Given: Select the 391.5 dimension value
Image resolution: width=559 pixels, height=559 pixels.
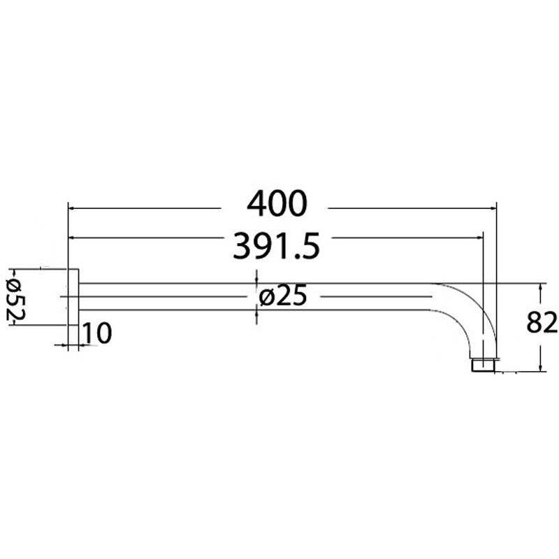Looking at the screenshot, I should [x=276, y=246].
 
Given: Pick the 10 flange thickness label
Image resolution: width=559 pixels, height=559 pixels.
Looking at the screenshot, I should [x=98, y=334].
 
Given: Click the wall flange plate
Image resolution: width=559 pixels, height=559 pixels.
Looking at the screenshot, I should [x=73, y=297].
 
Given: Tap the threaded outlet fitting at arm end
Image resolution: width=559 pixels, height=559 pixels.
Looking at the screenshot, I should [x=484, y=365].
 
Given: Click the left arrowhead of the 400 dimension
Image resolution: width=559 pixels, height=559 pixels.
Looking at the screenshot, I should [x=72, y=208].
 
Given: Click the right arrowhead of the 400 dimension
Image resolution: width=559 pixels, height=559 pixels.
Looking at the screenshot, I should [x=492, y=208].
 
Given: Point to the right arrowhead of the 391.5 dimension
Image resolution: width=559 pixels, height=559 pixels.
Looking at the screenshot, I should [x=480, y=238].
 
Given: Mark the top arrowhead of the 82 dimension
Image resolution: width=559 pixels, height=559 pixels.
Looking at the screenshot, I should [x=542, y=287].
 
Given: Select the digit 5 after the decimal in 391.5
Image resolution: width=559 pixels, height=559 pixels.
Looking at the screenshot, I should [x=309, y=246].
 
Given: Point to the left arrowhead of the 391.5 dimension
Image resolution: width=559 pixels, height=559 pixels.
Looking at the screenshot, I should [x=72, y=238].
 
